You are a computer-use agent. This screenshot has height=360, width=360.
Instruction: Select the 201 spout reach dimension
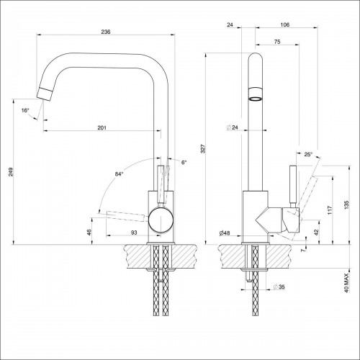tap(102, 127)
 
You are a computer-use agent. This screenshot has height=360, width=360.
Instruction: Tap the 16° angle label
tap(25, 110)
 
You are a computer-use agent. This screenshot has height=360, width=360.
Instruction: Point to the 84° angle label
tap(119, 174)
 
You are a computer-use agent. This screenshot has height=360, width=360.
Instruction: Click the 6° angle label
tap(184, 163)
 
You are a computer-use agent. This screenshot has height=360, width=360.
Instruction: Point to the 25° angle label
tap(308, 155)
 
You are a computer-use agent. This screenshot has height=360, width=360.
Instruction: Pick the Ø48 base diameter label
tap(225, 232)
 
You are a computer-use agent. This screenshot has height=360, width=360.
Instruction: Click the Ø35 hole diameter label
tap(276, 287)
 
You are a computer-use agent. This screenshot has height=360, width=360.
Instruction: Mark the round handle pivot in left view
tap(161, 220)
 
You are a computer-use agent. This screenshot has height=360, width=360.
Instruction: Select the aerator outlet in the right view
tap(256, 94)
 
